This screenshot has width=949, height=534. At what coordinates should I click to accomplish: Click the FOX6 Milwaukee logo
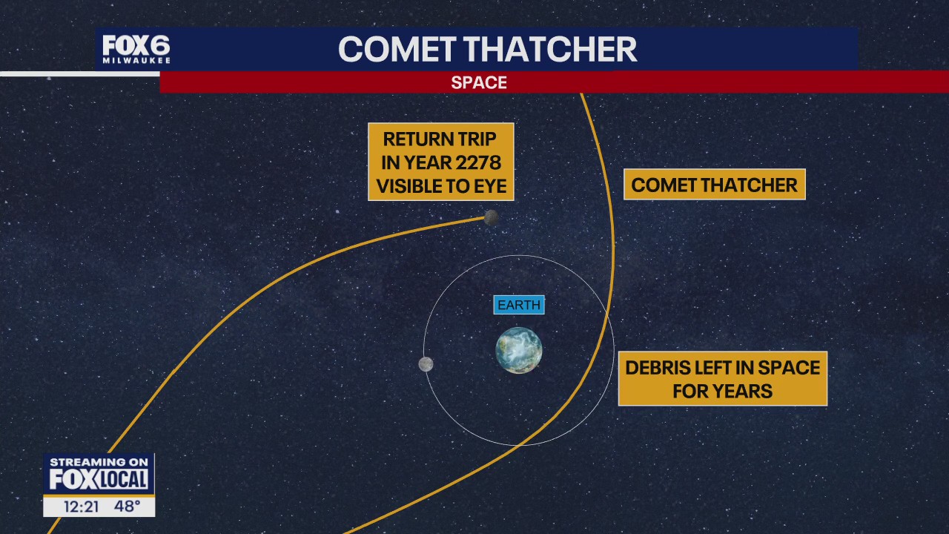coord(136,49)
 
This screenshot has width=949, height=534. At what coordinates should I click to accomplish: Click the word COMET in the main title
coord(397,49)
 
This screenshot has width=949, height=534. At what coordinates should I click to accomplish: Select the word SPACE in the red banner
coord(479,82)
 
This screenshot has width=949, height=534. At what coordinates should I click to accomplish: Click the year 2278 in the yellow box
coord(478,162)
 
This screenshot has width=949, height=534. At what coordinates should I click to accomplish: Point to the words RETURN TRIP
coord(440,139)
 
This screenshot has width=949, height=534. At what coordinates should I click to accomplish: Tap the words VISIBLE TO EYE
coord(441,186)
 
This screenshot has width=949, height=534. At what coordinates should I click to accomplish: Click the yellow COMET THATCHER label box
coord(714,185)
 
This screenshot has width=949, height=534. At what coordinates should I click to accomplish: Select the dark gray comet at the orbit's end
coord(491,217)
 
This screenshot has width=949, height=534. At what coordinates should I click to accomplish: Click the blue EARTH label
coord(519,305)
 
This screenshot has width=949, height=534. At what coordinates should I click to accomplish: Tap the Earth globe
coord(519,350)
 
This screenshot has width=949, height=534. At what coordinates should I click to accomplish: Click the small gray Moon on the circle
coord(426,364)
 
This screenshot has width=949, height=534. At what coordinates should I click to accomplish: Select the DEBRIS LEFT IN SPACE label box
coord(723,378)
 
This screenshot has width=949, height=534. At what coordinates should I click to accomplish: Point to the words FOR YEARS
coord(723,391)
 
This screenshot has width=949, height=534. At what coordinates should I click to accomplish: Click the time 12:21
coord(81,507)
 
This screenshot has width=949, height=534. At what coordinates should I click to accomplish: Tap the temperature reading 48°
coord(127,506)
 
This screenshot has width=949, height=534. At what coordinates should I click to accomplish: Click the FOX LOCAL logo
coord(99,480)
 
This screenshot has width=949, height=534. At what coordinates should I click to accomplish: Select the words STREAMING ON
coord(99,462)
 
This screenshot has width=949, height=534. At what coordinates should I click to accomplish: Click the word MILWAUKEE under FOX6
coord(136,61)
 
